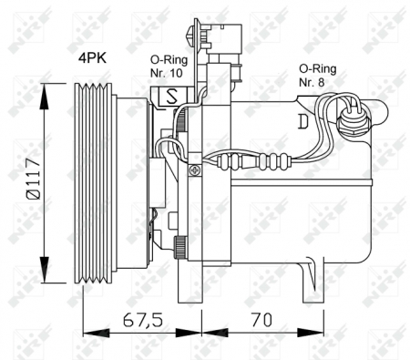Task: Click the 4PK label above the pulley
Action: [91, 58]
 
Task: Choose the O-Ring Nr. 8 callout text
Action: [317, 74]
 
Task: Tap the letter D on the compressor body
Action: [302, 119]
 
